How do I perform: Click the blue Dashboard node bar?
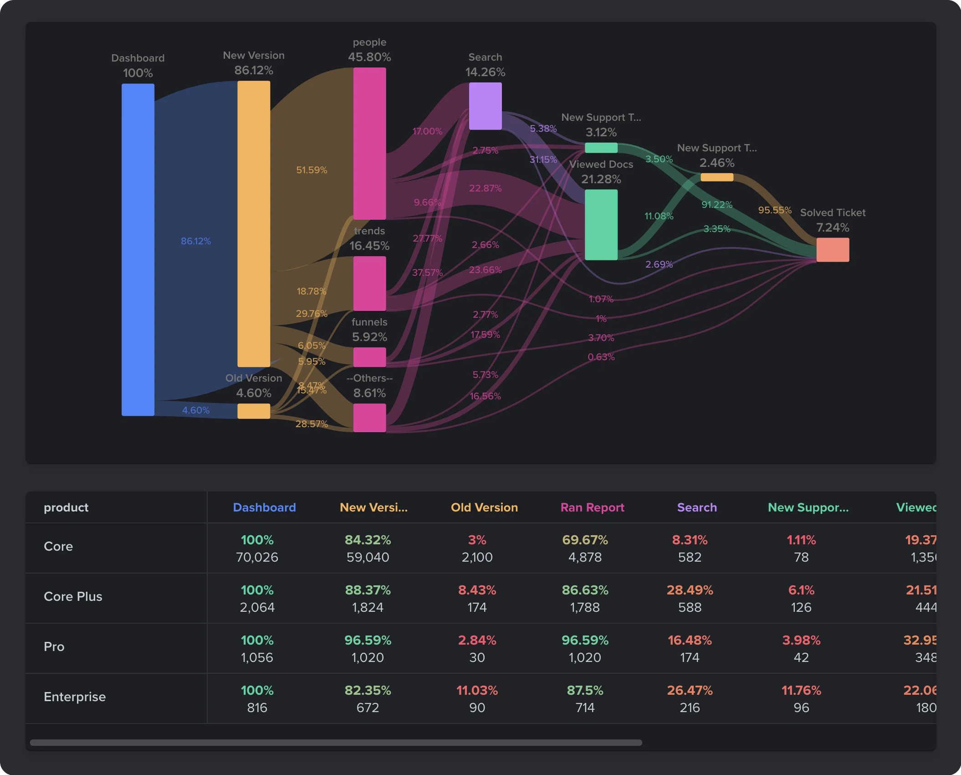[138, 249]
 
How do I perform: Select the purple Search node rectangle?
[485, 106]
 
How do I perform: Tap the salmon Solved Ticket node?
[832, 249]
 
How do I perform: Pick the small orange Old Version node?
[253, 411]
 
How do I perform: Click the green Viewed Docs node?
[601, 224]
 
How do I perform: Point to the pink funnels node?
[369, 357]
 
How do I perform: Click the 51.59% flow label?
[312, 170]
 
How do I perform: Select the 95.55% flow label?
[774, 210]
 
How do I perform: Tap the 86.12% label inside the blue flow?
[196, 241]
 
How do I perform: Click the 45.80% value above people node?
[369, 57]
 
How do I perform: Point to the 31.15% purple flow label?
[543, 160]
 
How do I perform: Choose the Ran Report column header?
[592, 507]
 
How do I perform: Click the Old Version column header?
[484, 507]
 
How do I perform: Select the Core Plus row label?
[73, 596]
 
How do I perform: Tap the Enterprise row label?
[75, 697]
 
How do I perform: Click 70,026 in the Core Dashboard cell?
[257, 557]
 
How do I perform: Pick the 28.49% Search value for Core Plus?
[690, 590]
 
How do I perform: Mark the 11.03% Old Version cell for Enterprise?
[477, 690]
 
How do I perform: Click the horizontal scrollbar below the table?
[336, 743]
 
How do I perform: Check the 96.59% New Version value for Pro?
[368, 640]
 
